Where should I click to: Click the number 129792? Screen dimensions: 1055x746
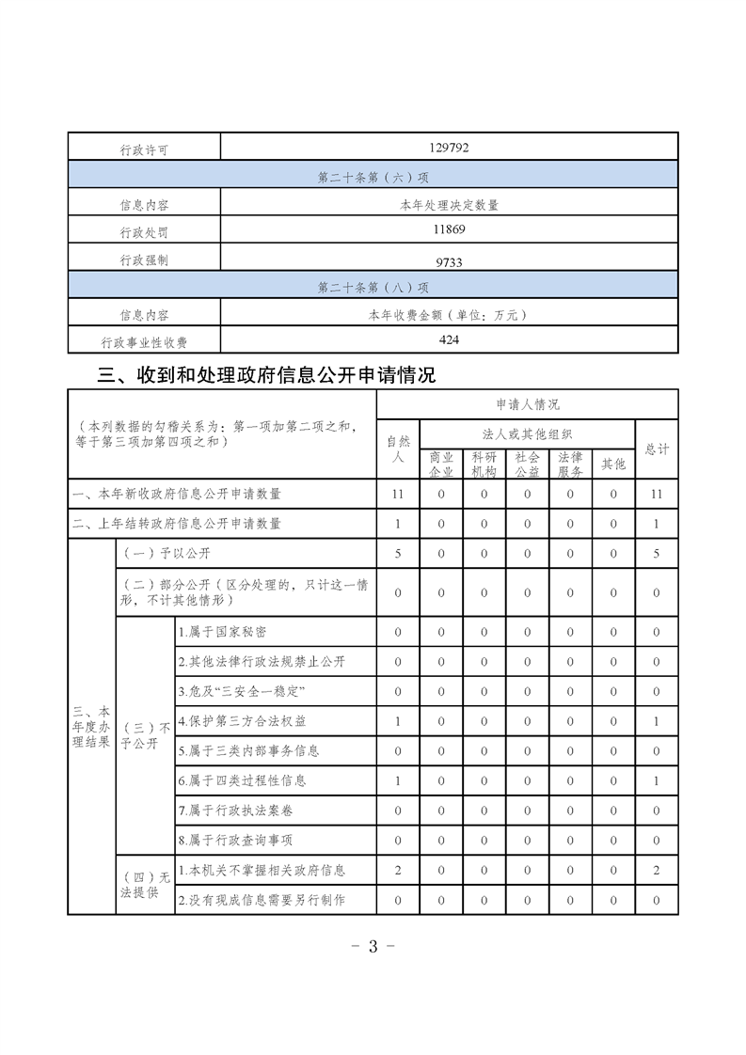449,148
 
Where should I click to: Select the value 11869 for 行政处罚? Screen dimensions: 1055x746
449,229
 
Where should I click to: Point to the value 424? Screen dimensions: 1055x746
449,339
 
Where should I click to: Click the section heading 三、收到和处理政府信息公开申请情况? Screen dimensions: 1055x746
267,376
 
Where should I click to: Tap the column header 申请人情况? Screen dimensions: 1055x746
527,404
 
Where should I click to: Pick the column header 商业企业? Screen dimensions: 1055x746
441,464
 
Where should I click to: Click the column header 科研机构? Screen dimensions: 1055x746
484,464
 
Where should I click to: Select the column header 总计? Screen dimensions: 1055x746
657,449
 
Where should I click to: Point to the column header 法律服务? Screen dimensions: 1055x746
570,464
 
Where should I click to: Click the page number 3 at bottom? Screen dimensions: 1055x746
373,946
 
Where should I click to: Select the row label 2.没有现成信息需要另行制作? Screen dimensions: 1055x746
262,900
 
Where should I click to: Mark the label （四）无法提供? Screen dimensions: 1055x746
145,886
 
